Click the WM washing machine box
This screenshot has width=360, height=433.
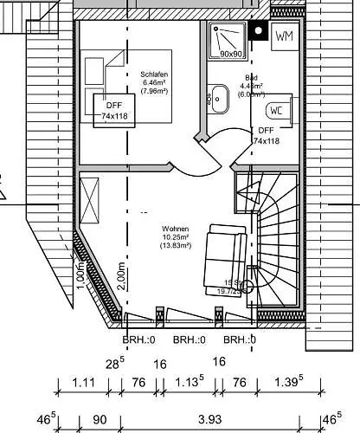pos(283,36)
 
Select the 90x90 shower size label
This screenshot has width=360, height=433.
pos(229,54)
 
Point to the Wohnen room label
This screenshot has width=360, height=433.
pos(175,229)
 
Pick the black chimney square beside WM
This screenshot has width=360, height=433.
pos(257,34)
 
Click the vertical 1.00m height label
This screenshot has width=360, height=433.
pos(80,275)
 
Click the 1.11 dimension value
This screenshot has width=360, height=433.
pos(83,382)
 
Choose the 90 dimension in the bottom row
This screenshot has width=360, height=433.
pos(100,420)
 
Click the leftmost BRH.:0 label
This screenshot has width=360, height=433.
pos(139,340)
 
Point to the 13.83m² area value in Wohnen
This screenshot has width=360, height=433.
pos(175,246)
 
